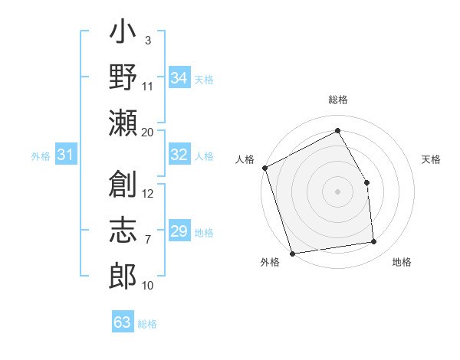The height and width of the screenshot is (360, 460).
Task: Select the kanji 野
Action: click(x=123, y=77)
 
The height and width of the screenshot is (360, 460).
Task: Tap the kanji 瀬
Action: click(x=123, y=123)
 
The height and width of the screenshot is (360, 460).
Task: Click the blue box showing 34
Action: click(x=179, y=78)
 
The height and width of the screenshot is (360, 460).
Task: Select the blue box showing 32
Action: click(x=179, y=155)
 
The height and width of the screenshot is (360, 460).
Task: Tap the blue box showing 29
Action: click(x=179, y=231)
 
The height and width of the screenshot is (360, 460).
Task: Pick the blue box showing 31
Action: click(x=65, y=155)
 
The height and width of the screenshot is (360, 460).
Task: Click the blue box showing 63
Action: click(x=123, y=322)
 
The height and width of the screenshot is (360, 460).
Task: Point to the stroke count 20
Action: click(x=147, y=132)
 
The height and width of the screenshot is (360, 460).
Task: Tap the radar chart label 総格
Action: click(x=337, y=100)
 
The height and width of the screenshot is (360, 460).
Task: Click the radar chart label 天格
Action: click(x=432, y=159)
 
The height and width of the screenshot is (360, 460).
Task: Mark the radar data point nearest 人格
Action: click(x=264, y=168)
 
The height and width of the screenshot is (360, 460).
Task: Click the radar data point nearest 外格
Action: click(x=292, y=254)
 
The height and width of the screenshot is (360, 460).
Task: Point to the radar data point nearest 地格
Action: click(x=374, y=242)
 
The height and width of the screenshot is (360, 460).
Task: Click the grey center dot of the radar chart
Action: click(x=337, y=191)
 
